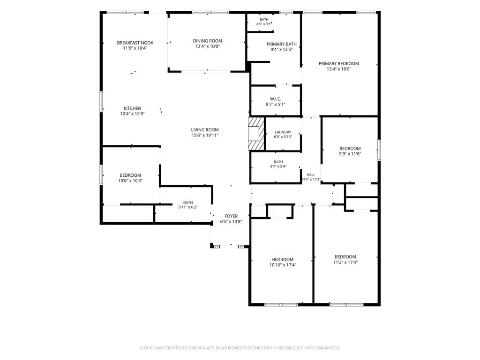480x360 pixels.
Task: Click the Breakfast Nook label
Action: [x=135, y=43]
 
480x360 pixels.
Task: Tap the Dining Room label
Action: [x=208, y=41]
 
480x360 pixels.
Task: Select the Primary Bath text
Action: [x=282, y=44]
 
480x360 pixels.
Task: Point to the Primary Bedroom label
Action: [x=339, y=64]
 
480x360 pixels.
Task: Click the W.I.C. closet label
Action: [x=276, y=99]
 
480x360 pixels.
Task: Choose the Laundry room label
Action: [x=283, y=132]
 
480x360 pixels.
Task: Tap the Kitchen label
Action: [x=132, y=108]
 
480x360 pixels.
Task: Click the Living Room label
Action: [x=205, y=130]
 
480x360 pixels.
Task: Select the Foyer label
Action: [x=231, y=216]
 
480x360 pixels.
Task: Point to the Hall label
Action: [x=311, y=175]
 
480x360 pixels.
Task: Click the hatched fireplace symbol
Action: [x=256, y=134]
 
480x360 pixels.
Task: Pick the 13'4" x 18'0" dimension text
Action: [x=339, y=69]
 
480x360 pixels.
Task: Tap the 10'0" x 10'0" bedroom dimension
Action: [x=130, y=181]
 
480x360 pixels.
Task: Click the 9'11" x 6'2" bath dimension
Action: [x=188, y=207]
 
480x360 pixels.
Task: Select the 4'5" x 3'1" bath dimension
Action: [x=263, y=24]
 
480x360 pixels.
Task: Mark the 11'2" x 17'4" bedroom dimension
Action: [x=345, y=262]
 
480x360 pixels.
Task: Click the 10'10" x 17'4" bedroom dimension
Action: [x=283, y=265]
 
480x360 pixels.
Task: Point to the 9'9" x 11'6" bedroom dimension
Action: [x=350, y=154]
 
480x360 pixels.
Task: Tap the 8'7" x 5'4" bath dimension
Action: [x=278, y=166]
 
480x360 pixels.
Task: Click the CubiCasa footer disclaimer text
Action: [x=240, y=348]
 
